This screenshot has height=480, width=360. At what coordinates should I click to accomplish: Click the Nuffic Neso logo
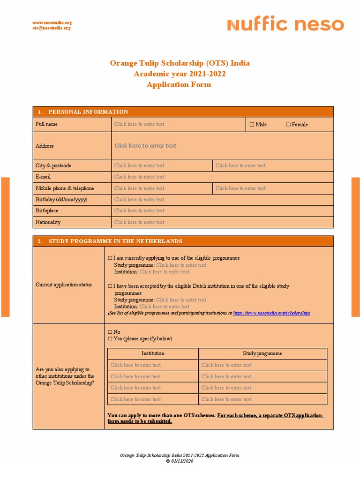[285, 25]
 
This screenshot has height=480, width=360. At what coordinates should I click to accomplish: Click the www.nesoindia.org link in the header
[52, 22]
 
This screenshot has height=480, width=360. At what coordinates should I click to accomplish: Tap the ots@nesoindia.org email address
[52, 28]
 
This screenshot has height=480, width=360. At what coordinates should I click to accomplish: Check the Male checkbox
[252, 125]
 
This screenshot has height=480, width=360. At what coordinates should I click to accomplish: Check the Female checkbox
[288, 125]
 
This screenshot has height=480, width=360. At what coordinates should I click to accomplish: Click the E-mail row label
[43, 177]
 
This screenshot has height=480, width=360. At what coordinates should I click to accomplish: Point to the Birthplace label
[47, 211]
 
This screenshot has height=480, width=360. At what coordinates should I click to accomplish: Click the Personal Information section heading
[88, 112]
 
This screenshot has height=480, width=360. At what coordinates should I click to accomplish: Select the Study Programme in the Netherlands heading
[115, 241]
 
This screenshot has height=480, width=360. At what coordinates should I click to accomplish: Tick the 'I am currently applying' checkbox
[110, 258]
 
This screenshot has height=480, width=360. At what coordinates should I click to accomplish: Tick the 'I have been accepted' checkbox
[110, 286]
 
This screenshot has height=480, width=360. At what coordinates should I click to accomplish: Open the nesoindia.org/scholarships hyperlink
[271, 313]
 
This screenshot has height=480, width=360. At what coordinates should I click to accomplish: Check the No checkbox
[110, 332]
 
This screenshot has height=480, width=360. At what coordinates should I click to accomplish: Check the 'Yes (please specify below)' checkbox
[110, 338]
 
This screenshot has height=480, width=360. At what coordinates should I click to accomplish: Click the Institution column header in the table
[153, 353]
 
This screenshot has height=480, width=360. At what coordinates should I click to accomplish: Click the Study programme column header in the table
[262, 353]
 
